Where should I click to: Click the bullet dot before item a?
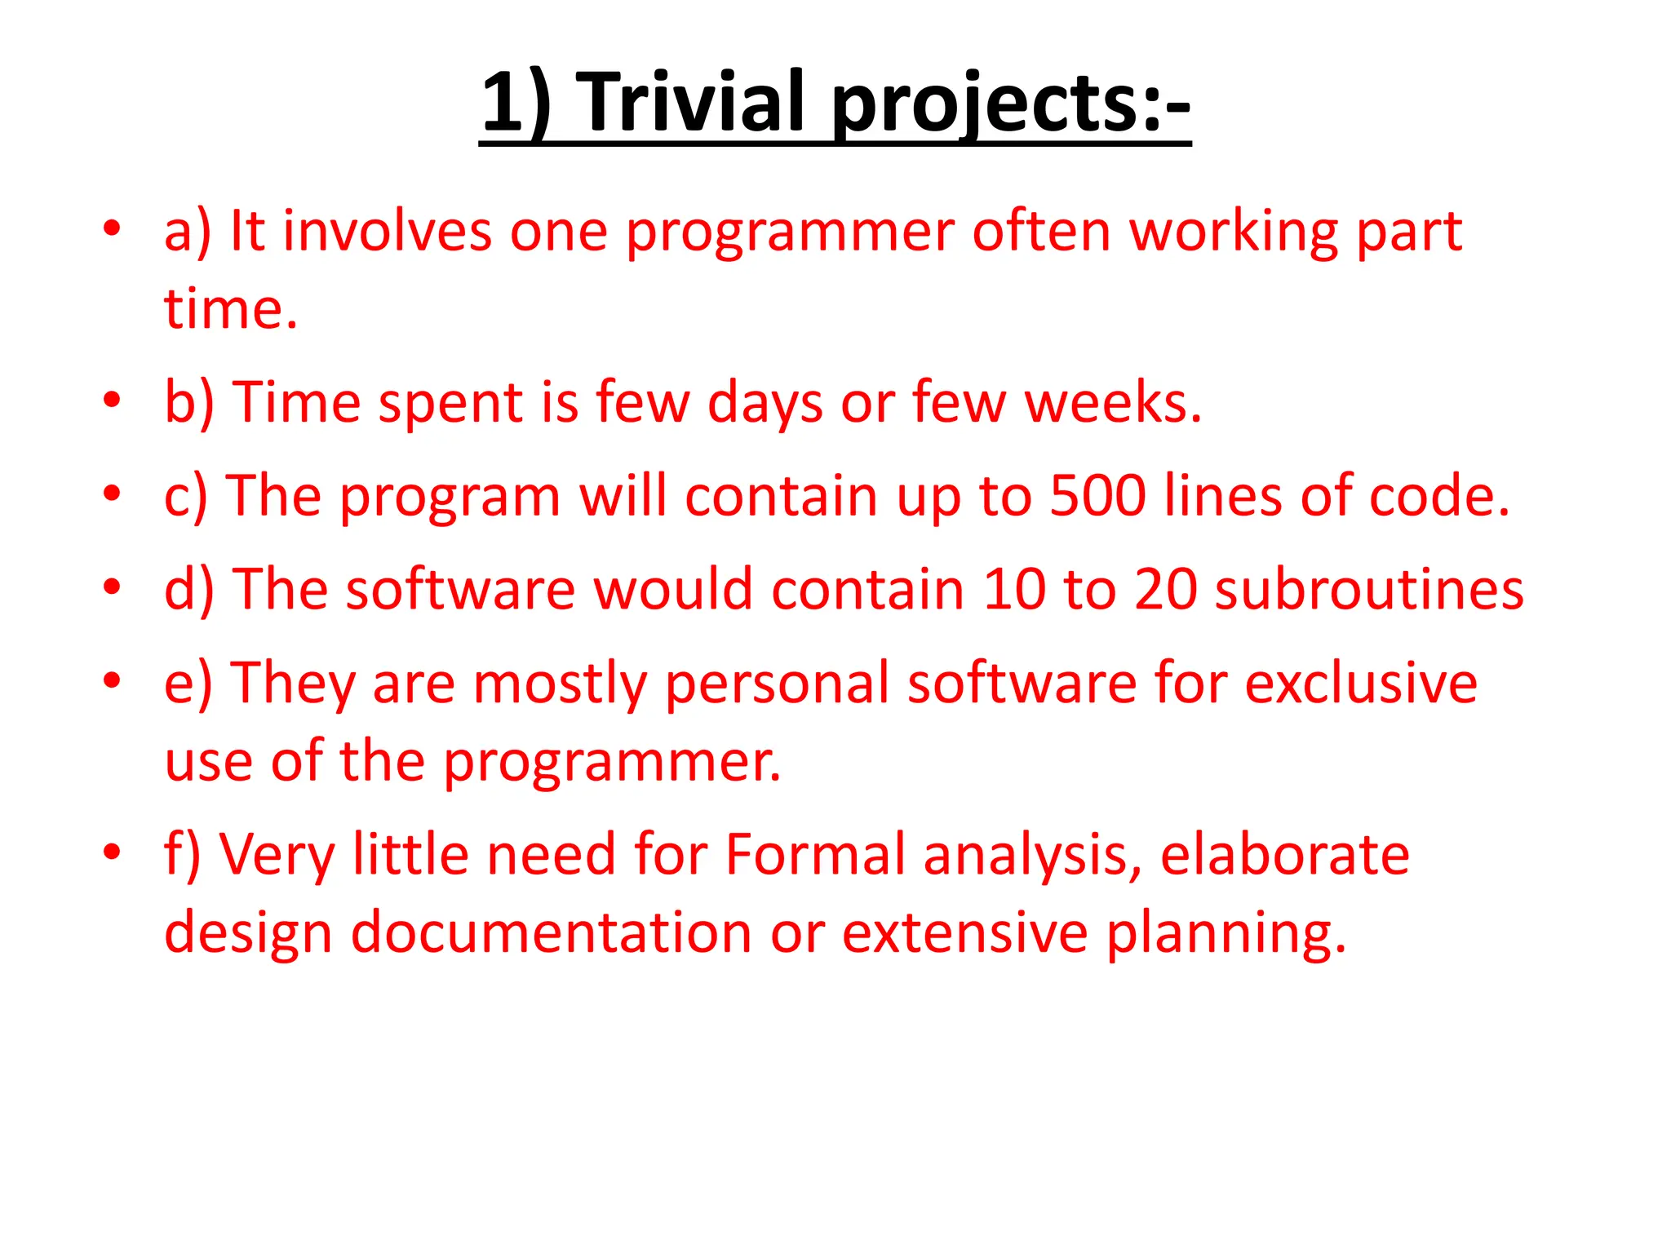[112, 228]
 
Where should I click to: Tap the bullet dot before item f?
[112, 852]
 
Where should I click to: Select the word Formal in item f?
[815, 854]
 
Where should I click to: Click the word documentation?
[551, 932]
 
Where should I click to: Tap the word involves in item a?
[387, 231]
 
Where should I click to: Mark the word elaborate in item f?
[1284, 854]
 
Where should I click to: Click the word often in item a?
[1041, 231]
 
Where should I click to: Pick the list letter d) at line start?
[188, 589]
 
